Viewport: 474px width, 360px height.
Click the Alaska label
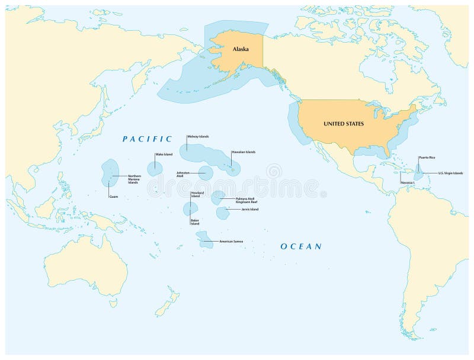click(241, 50)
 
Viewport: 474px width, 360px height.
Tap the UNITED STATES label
click(344, 124)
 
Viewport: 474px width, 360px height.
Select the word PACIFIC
click(147, 139)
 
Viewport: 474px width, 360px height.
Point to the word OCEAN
click(301, 246)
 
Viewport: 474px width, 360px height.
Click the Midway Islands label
click(198, 136)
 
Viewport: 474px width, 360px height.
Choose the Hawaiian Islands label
click(244, 152)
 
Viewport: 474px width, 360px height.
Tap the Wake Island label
click(164, 155)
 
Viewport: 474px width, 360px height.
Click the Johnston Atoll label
click(182, 174)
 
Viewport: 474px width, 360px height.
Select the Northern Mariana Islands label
click(134, 179)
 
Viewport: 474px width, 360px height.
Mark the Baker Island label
click(195, 222)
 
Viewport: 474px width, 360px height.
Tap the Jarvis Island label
click(250, 209)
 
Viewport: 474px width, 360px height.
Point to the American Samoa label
click(231, 241)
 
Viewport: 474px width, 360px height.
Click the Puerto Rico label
click(427, 158)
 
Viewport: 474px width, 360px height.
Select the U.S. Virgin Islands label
click(450, 173)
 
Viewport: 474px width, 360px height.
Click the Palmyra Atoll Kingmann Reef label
click(246, 200)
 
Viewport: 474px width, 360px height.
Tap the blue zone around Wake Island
click(155, 167)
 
